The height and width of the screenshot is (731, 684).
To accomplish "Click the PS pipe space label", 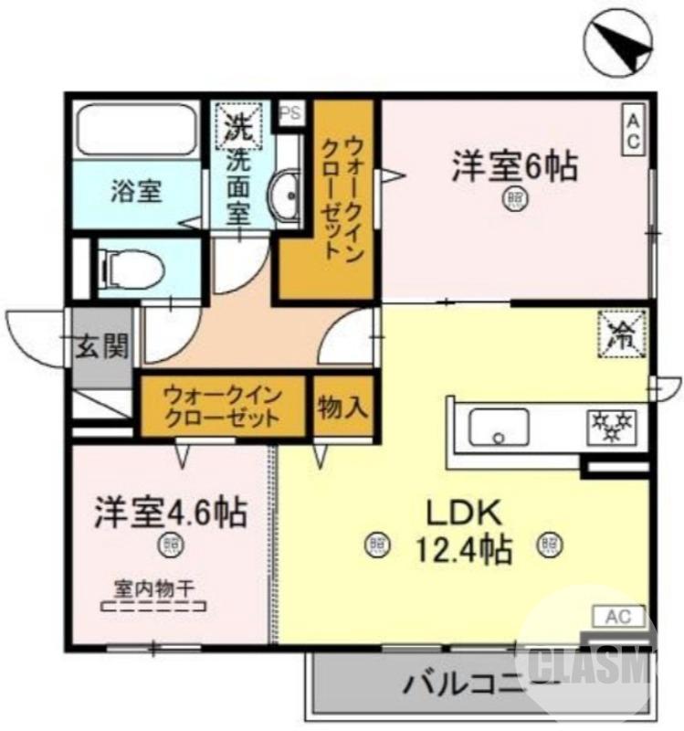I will click(291, 113).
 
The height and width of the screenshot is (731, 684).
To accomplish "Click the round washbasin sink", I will click(287, 195).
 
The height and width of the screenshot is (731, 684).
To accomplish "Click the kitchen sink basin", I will click(499, 426).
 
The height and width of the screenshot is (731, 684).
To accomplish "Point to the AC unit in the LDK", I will click(623, 616).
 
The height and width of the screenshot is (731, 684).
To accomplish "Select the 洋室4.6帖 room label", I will click(170, 512).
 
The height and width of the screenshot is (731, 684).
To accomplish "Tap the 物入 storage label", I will click(343, 408).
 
